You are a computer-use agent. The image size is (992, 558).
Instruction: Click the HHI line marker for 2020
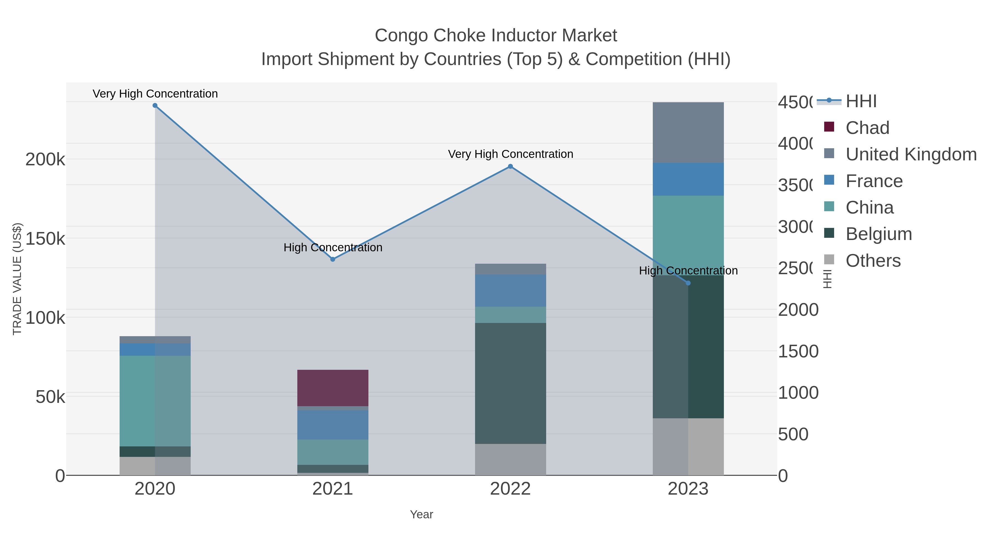(x=155, y=106)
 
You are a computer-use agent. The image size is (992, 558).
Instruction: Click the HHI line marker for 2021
(x=333, y=259)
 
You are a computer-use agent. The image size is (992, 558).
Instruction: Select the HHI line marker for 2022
(x=510, y=166)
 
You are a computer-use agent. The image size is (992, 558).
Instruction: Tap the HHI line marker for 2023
(x=688, y=283)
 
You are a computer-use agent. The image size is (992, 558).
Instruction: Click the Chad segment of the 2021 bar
(x=333, y=388)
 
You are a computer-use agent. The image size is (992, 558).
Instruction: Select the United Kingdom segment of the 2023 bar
(x=688, y=133)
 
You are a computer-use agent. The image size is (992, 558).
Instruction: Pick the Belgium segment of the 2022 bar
(x=510, y=383)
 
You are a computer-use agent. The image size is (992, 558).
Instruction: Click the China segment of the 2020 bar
(x=155, y=400)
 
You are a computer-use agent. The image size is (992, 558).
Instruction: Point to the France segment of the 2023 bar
(x=688, y=179)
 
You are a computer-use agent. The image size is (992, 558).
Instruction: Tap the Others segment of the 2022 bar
(x=510, y=459)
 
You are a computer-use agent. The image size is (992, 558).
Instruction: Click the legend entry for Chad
(x=867, y=128)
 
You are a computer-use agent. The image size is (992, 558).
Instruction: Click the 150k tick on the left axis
(x=45, y=239)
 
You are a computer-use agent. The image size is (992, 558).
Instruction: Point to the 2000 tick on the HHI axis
(x=798, y=310)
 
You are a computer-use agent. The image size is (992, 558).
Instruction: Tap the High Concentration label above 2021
(x=333, y=247)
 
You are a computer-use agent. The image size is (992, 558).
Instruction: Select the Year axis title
(x=421, y=514)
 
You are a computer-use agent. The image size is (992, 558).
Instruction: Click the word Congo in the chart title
(x=396, y=36)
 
